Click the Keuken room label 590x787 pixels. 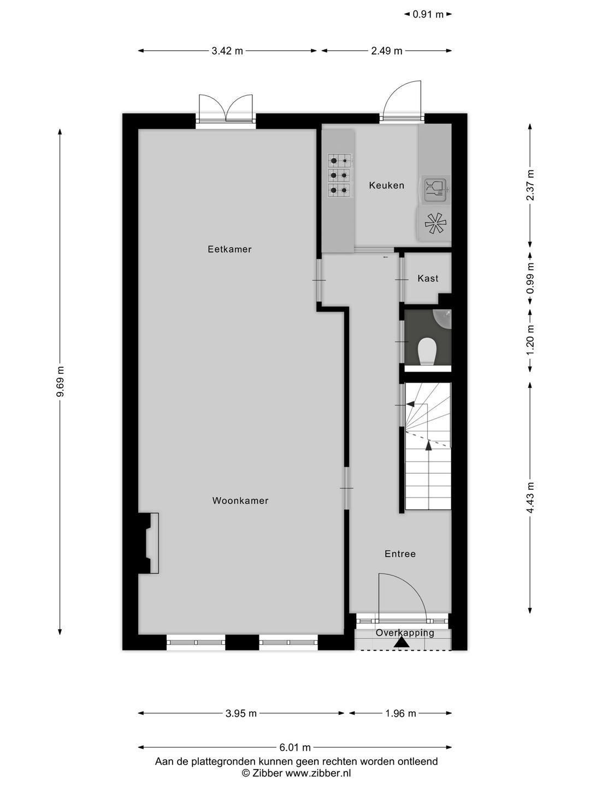coord(386,185)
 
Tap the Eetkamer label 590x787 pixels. coord(229,249)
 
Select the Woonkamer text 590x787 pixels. coord(240,501)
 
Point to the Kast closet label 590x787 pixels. coord(428,278)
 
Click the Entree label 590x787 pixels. coord(400,554)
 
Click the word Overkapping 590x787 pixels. coord(405,633)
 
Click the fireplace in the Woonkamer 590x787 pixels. coord(149,543)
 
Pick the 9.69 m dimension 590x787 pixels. coord(60,383)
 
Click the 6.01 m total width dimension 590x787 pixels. coord(295,748)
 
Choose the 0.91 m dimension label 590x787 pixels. coord(428,15)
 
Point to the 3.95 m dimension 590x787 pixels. coord(241,713)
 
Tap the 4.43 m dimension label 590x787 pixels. coord(530,498)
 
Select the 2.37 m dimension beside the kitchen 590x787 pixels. coord(530,185)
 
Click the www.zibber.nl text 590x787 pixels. coord(318,773)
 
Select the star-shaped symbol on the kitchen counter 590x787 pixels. coord(435,224)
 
